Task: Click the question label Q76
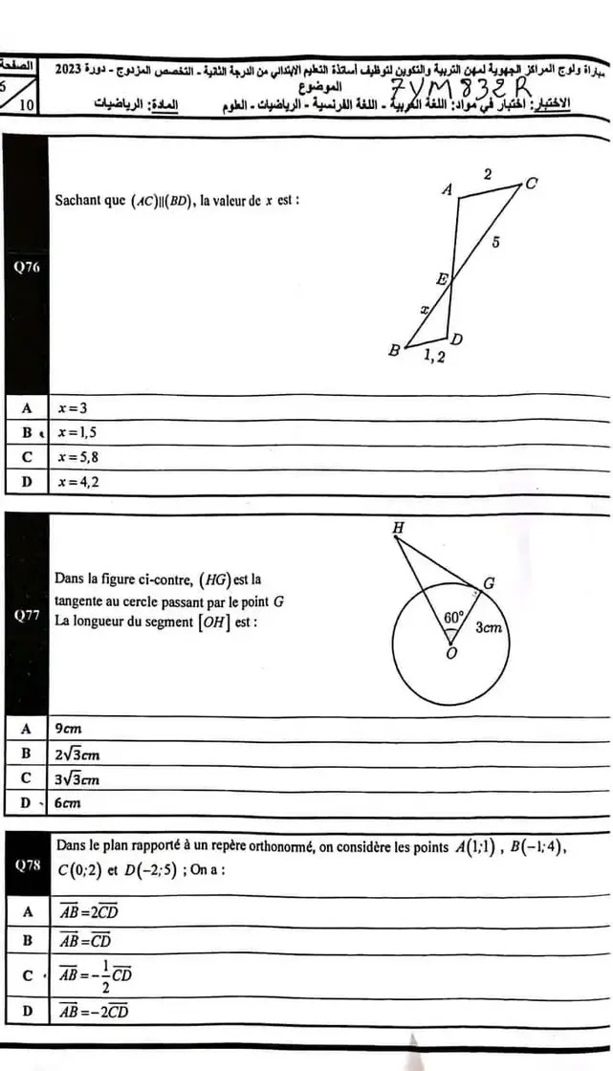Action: [24, 267]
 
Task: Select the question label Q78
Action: [25, 865]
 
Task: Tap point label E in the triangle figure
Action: [442, 279]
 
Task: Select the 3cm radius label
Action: [490, 628]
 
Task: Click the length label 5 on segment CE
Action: [495, 243]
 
